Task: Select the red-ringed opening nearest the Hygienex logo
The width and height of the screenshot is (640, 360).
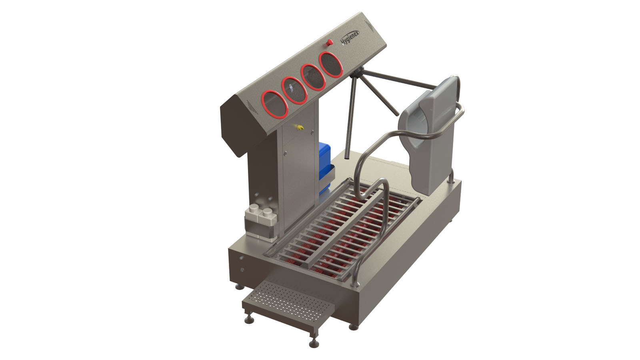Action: (x=331, y=64)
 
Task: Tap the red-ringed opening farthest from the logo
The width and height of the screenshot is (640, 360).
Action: (x=274, y=104)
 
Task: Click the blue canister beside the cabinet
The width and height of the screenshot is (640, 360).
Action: (x=324, y=167)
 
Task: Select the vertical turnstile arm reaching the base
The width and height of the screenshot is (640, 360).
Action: (x=350, y=117)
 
